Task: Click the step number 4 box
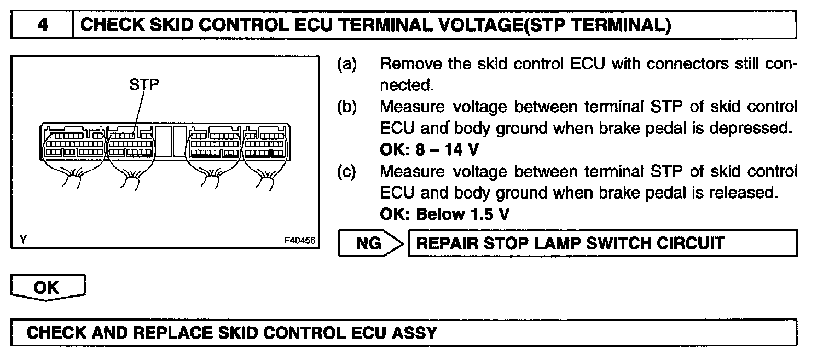42,26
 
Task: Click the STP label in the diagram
144,86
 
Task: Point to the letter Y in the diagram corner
23,240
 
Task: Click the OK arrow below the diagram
48,288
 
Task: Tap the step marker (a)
346,65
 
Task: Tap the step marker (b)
346,107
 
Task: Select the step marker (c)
346,171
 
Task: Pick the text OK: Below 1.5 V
444,214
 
